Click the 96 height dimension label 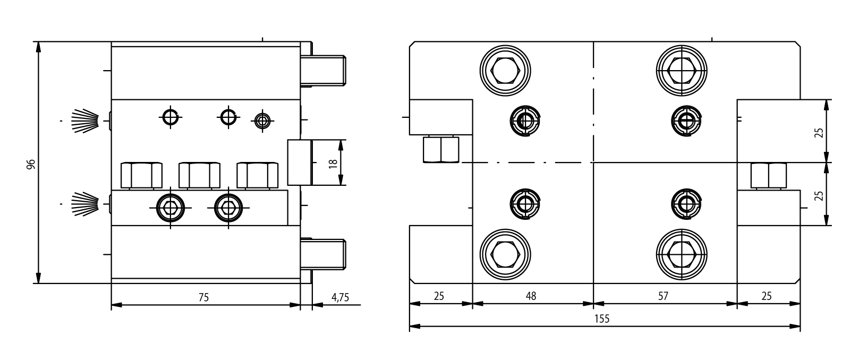31,164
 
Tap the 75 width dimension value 204,297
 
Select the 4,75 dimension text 341,297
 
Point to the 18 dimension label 333,164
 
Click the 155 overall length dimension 602,319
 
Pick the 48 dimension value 531,296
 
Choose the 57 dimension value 663,296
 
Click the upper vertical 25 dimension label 819,132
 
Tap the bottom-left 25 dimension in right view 439,296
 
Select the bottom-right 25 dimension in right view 767,296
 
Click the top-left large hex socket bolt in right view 505,71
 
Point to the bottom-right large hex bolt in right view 682,254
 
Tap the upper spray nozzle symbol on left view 86,121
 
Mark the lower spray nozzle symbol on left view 86,204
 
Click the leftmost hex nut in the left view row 141,175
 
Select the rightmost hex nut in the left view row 257,175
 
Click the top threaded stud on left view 323,71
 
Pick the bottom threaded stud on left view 323,254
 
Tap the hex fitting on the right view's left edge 441,149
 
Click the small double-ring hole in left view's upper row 262,121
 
